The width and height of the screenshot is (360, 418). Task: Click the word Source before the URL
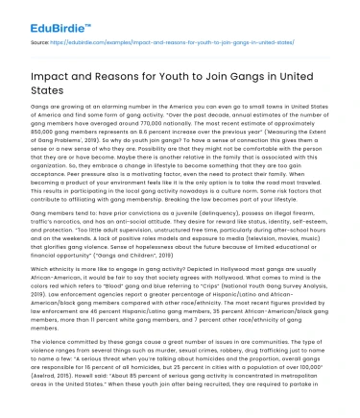40,44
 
